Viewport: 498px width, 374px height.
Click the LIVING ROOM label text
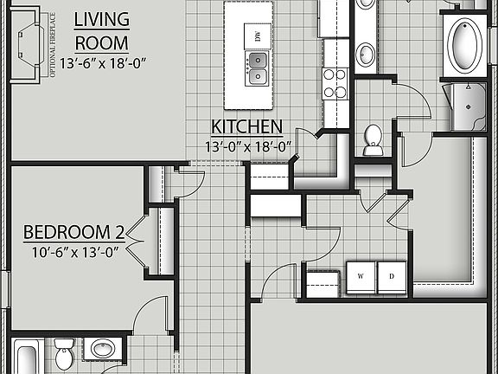click(x=102, y=31)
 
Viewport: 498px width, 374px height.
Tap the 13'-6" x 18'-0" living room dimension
click(x=102, y=62)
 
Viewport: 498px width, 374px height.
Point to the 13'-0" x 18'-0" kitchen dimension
click(x=248, y=146)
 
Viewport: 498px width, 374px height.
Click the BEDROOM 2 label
click(x=73, y=233)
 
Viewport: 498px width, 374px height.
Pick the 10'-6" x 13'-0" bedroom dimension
click(x=73, y=252)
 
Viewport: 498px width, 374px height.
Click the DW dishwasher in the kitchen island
click(x=257, y=35)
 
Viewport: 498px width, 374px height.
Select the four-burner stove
click(x=335, y=81)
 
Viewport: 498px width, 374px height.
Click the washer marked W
click(x=361, y=277)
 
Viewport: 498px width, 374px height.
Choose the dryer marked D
click(x=392, y=277)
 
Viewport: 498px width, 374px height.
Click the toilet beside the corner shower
click(x=373, y=139)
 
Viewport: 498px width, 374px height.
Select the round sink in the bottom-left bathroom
click(x=104, y=351)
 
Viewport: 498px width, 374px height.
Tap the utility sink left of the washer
click(x=322, y=282)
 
